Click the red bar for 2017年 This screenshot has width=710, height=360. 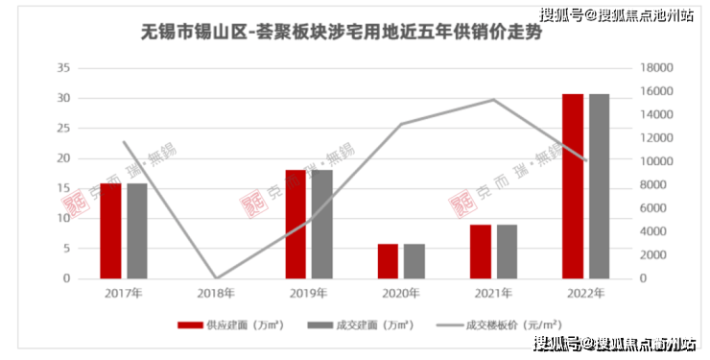(111, 231)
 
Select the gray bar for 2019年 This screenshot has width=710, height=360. (322, 224)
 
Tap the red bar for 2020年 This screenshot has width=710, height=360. (388, 261)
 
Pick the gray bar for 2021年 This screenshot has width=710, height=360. (507, 252)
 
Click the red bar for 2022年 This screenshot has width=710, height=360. (573, 186)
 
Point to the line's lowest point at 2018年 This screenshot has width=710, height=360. (217, 278)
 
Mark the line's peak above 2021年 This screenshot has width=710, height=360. (494, 100)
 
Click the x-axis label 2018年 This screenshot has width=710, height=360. (216, 294)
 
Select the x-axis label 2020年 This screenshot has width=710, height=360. (401, 294)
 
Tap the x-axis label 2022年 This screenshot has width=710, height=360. (585, 294)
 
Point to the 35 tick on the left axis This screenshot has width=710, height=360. (63, 68)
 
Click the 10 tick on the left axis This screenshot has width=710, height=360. (63, 218)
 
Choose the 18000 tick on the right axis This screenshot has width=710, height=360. (656, 68)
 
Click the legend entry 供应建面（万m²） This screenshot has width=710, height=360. (231, 325)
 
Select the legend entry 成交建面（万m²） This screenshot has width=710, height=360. (361, 325)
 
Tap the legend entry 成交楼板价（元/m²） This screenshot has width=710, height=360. (500, 325)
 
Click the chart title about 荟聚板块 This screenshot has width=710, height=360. (342, 33)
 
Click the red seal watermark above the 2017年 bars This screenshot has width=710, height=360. (76, 204)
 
